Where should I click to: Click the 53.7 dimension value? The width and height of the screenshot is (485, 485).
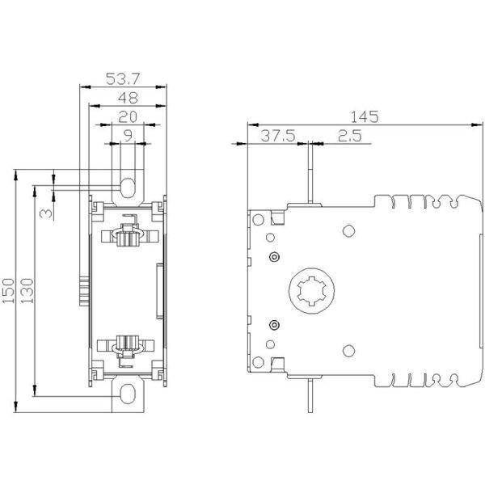(123, 79)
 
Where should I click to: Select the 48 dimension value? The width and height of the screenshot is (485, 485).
(128, 98)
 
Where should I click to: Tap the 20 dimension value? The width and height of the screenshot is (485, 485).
(128, 117)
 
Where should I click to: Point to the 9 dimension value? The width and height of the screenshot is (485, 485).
(128, 136)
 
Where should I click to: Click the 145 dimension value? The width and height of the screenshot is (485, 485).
(365, 116)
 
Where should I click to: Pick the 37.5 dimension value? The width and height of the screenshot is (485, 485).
(278, 136)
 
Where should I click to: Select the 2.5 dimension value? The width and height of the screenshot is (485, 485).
(349, 136)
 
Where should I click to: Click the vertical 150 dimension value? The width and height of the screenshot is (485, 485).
(8, 291)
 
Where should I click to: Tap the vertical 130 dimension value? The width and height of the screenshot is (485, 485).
(27, 291)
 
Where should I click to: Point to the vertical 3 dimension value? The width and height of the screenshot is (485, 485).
(46, 213)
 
